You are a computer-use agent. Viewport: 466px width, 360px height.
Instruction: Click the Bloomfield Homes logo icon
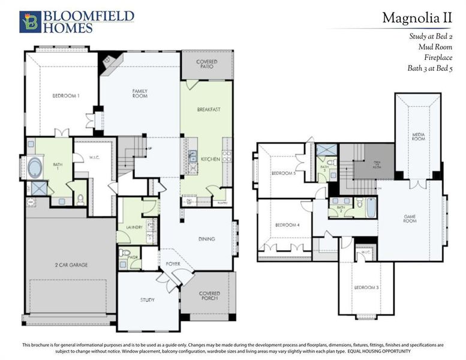29,22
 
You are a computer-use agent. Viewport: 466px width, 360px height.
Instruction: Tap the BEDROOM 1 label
65,96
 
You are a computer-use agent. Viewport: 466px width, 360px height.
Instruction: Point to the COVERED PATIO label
207,64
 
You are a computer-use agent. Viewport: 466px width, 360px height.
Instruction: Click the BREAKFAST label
209,109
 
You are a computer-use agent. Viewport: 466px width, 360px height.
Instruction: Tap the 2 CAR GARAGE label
70,263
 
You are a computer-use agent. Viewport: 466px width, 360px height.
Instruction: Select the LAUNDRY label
134,227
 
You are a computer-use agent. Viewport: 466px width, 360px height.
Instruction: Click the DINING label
207,239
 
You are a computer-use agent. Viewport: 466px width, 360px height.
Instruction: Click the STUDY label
148,299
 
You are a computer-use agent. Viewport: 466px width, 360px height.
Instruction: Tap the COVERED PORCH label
209,296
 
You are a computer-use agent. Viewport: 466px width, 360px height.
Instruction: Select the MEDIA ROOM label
418,136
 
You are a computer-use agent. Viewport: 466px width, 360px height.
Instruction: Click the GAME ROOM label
410,218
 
